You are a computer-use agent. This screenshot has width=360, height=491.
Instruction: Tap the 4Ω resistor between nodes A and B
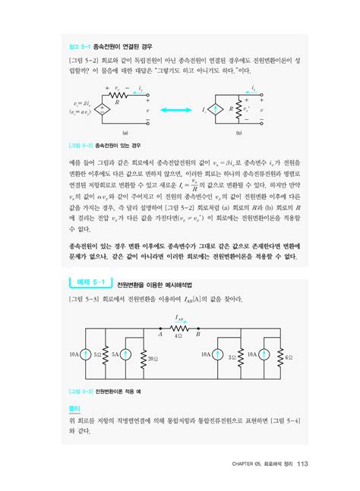pos(178,326)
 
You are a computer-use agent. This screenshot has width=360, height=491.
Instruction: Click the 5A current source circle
pos(125,354)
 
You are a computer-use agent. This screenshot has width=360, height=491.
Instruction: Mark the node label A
pos(161,332)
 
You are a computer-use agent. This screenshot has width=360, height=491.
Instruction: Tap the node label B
pos(197,332)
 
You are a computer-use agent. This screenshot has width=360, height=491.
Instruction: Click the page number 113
pos(302,464)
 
